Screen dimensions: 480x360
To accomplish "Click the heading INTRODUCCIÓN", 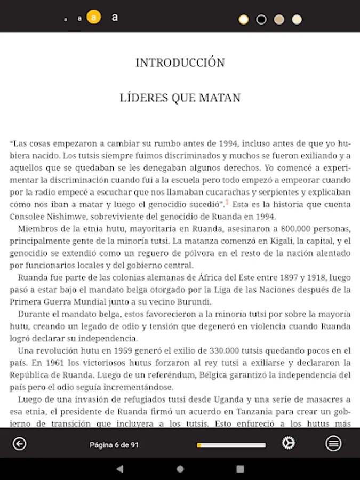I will point(180,62).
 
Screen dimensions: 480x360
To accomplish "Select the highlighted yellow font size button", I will point(94,18).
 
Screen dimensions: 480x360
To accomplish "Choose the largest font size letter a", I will point(114,18).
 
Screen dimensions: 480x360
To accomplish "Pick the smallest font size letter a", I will point(66,19).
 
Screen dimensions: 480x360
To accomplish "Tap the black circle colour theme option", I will point(261,20).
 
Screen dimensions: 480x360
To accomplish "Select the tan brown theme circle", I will point(279,20).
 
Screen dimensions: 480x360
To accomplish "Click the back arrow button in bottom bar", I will point(20,444).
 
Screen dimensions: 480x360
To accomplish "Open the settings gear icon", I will point(289,444).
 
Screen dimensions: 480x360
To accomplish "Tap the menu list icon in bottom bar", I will point(334,444).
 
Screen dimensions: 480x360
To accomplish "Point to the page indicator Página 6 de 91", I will point(114,444).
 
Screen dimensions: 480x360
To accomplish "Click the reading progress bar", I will point(231,444).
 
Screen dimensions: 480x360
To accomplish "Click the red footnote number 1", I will point(227,202).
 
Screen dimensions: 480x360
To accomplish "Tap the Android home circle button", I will point(180,469).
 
